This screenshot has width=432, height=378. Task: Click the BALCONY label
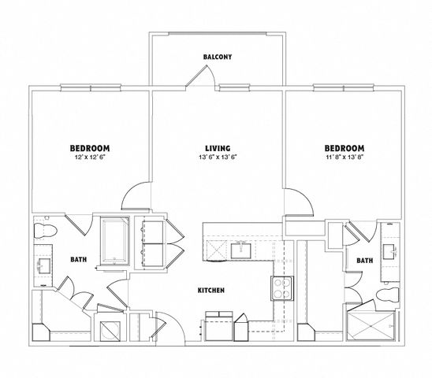(218, 57)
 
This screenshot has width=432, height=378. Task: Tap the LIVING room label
(218, 148)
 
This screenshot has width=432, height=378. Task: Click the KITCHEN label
(211, 290)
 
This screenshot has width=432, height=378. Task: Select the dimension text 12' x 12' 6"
(90, 157)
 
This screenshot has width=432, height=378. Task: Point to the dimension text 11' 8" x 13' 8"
(344, 157)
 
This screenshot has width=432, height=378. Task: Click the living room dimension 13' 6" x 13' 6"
(218, 157)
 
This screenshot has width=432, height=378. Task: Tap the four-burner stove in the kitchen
(282, 288)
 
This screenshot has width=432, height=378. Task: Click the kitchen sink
(240, 250)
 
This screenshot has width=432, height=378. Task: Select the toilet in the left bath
(45, 231)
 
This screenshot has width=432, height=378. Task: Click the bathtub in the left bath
(115, 240)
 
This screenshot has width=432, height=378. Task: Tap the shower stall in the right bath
(371, 325)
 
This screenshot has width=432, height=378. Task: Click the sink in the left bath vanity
(44, 265)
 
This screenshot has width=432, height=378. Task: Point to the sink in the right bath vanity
(389, 252)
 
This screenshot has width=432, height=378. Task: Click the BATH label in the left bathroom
(79, 259)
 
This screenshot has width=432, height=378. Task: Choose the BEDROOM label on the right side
(344, 148)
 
